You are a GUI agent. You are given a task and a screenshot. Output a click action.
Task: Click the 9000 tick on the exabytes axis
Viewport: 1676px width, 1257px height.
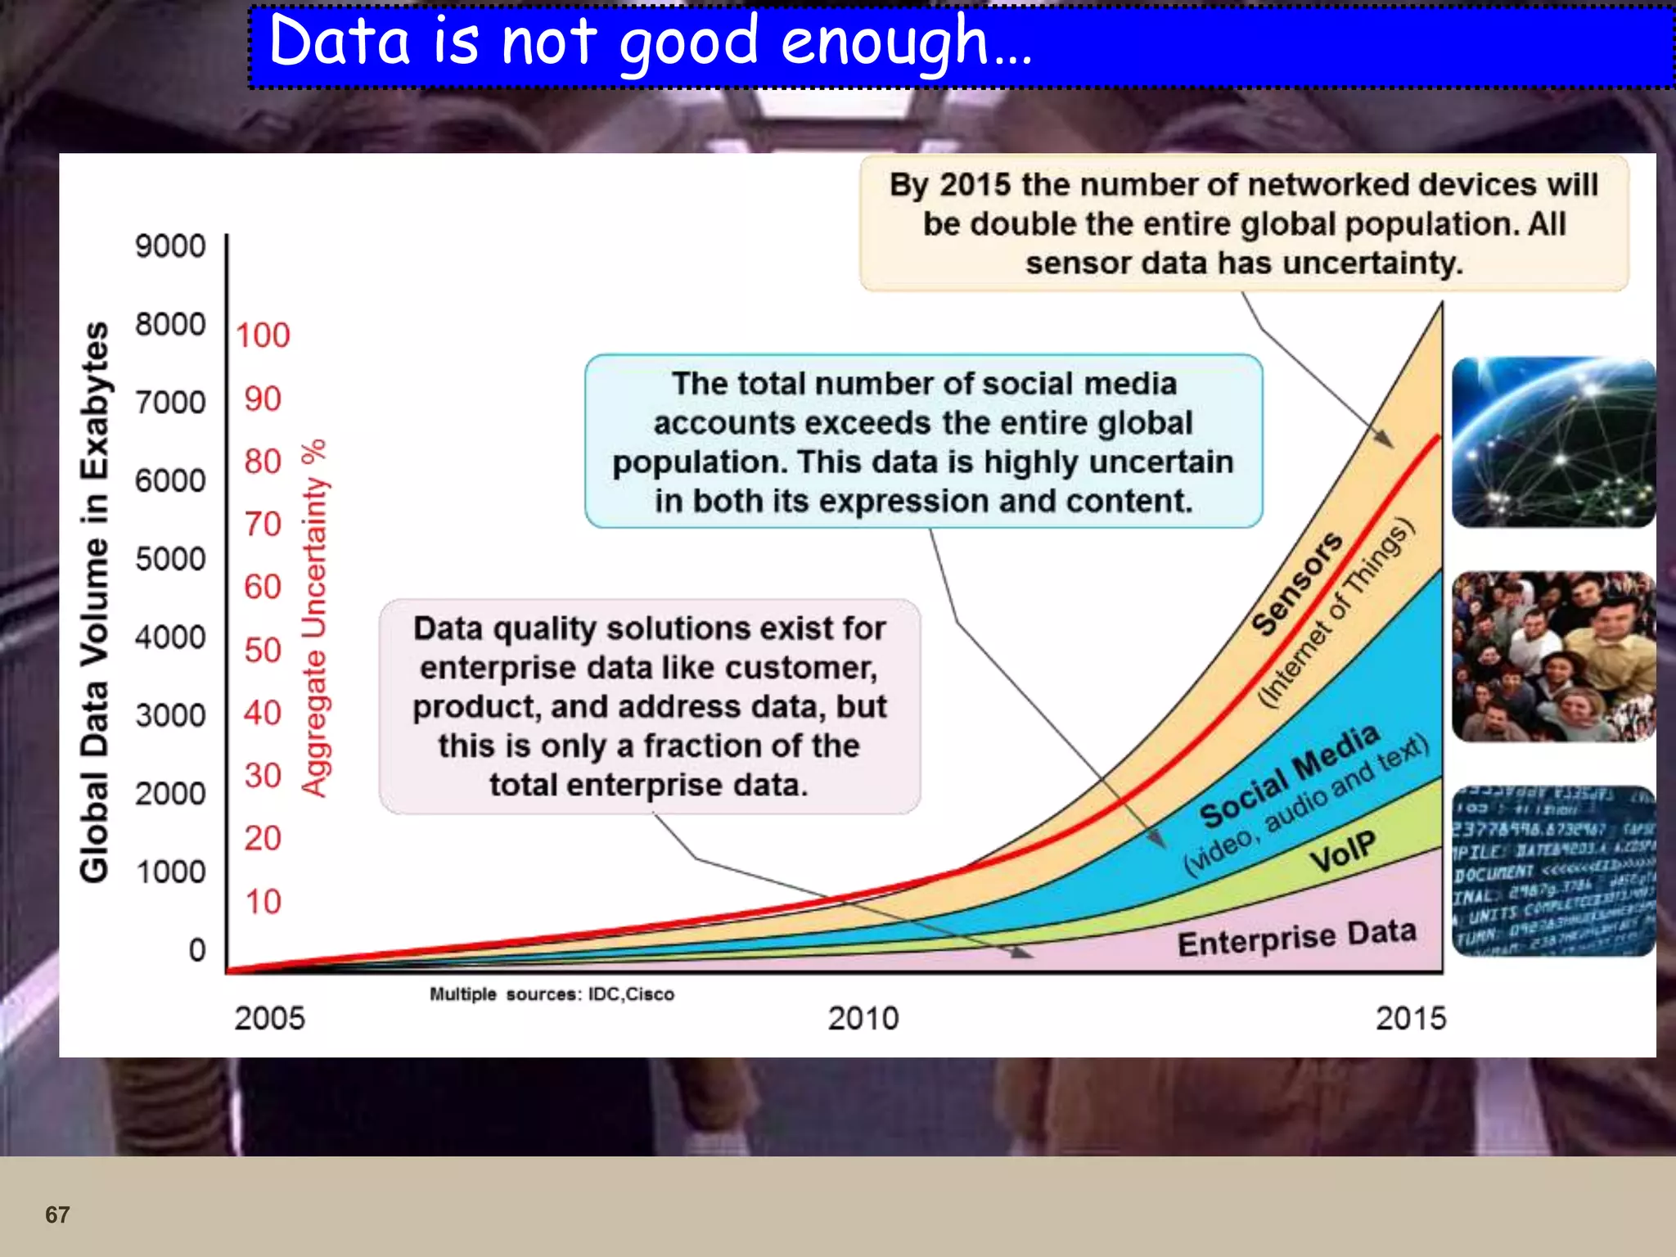coord(170,246)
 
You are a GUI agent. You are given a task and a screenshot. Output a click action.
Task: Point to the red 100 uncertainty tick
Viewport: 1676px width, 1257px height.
coord(263,336)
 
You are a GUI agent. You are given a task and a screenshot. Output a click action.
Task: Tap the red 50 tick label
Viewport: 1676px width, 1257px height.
coord(263,651)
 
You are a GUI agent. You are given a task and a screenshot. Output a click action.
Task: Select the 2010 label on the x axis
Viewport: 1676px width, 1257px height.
coord(863,1019)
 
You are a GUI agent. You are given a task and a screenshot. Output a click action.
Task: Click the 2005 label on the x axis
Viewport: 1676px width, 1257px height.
coord(269,1019)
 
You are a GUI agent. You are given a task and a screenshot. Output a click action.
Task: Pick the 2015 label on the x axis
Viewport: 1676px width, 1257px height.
coord(1410,1019)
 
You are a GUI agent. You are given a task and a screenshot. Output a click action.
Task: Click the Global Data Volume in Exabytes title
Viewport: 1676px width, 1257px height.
coord(95,602)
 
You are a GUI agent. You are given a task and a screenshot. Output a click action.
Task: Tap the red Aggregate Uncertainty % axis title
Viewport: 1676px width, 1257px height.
coord(314,618)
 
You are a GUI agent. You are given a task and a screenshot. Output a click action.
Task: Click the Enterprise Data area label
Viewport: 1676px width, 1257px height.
coord(1296,938)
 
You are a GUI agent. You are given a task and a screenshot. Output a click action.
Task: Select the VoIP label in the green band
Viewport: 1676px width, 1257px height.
coord(1342,851)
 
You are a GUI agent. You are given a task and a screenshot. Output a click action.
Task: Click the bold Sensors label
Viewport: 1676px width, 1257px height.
coord(1296,583)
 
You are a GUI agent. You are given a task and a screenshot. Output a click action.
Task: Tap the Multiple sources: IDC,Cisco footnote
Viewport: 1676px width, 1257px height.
coord(552,994)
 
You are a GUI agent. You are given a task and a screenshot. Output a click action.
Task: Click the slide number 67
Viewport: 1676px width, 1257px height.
coord(57,1214)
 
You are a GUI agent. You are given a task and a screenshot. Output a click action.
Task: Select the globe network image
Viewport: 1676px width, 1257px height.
coord(1553,443)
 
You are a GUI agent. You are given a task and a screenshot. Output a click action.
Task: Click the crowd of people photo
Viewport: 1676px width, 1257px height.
coord(1553,656)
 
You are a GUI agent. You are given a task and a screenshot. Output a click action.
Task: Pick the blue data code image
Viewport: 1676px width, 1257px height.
coord(1553,871)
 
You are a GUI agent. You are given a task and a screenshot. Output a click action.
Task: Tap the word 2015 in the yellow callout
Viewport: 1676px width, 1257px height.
coord(975,185)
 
